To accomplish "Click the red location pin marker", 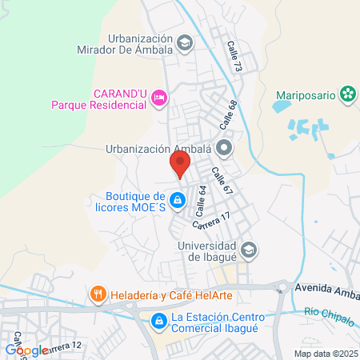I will [x=180, y=165].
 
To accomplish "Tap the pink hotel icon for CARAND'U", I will [x=158, y=98].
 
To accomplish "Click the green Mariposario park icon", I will [x=347, y=94].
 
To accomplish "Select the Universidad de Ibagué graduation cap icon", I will [x=249, y=250].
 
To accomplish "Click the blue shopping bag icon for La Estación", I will [x=158, y=322].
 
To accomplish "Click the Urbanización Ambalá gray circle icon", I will [x=225, y=147].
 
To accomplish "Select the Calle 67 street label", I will [x=222, y=180].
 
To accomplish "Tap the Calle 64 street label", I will [x=200, y=199].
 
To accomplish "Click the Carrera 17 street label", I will [x=212, y=218].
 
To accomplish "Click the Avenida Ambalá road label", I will [x=328, y=287].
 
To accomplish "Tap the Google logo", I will [x=26, y=350].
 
